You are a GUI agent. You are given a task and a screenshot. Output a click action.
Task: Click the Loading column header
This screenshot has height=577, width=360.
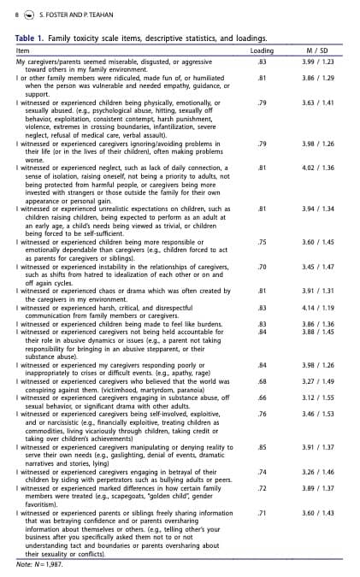(262, 51)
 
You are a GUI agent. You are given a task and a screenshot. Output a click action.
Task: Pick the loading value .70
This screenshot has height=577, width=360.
(262, 267)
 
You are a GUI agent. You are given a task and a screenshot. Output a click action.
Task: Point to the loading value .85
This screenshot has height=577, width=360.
(262, 446)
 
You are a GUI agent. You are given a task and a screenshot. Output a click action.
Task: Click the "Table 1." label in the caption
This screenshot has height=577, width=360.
(32, 39)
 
